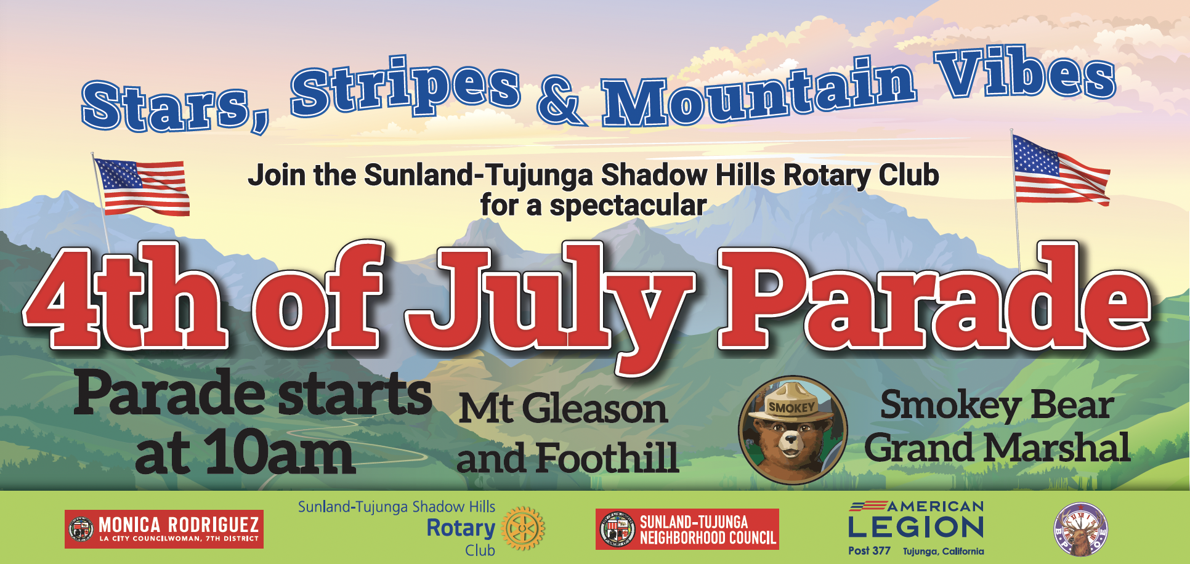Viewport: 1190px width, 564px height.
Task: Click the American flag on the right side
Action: pyautogui.click(x=1061, y=171)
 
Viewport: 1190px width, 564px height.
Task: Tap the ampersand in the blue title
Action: pyautogui.click(x=559, y=102)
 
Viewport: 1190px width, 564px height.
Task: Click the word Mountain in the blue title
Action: pyautogui.click(x=759, y=94)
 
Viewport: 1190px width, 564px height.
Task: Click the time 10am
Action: pyautogui.click(x=280, y=453)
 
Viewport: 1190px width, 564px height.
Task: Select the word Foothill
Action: pyautogui.click(x=607, y=458)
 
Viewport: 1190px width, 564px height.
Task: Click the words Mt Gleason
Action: pyautogui.click(x=563, y=408)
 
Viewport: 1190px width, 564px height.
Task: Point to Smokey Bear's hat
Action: pyautogui.click(x=792, y=404)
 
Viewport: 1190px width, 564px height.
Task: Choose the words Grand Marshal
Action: pyautogui.click(x=997, y=448)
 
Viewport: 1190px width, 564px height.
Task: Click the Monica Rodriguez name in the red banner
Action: pyautogui.click(x=179, y=525)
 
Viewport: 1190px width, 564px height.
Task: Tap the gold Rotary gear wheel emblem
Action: pyautogui.click(x=523, y=528)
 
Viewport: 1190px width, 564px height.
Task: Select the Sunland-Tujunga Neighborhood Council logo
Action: pyautogui.click(x=687, y=530)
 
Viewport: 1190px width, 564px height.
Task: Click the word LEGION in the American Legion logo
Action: pyautogui.click(x=916, y=527)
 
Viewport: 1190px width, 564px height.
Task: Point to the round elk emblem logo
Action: pyautogui.click(x=1081, y=530)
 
